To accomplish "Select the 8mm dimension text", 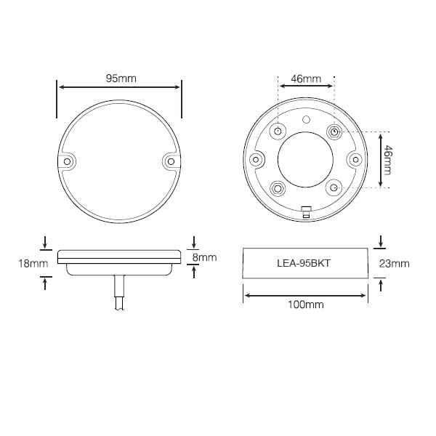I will pos(206,257).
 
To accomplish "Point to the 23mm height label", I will pos(395,263).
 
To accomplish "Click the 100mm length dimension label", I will pos(305,305).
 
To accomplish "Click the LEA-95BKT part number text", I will pos(305,263).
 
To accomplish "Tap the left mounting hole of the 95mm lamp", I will pos(68,161).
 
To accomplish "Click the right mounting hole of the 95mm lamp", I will pos(171,161).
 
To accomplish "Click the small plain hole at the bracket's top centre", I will pos(306,118).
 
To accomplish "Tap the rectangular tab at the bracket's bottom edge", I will pos(306,213).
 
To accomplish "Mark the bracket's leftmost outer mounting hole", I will pos(255,159).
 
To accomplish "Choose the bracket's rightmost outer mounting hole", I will pos(355,159).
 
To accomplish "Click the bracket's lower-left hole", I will pos(278,187).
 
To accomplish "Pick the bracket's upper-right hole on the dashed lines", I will pos(334,132).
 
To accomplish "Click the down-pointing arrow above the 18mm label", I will pos(46,242).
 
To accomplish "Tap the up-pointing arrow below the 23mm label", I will pos(380,283).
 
